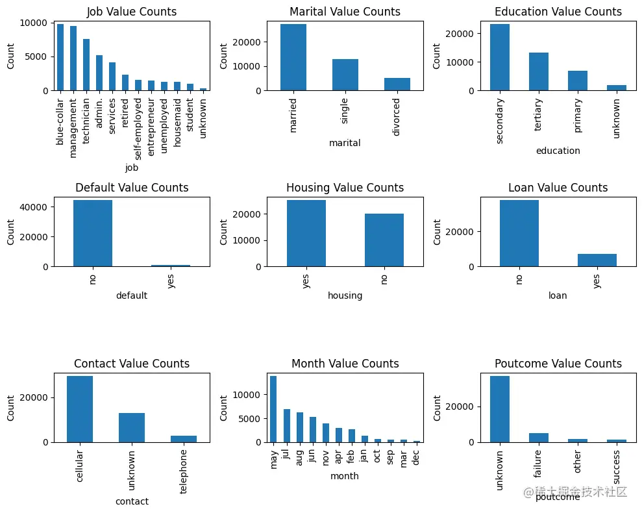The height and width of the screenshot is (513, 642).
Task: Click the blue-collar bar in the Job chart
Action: pos(60,57)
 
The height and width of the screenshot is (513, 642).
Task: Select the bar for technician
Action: pos(86,65)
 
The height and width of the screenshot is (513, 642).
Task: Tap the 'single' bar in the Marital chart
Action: pos(345,75)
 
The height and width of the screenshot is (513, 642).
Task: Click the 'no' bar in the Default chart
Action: pos(93,233)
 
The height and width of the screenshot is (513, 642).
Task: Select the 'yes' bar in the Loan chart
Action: pos(597,260)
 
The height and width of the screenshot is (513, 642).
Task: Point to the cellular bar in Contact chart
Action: pos(80,409)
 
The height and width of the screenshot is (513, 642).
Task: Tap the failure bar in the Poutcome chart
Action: pos(539,437)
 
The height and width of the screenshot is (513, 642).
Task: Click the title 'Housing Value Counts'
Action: pos(345,188)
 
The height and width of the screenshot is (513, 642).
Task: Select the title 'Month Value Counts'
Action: pos(345,364)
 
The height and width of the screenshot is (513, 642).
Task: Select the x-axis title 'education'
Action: pos(558,151)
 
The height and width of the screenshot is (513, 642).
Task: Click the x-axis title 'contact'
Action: pos(132,501)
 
